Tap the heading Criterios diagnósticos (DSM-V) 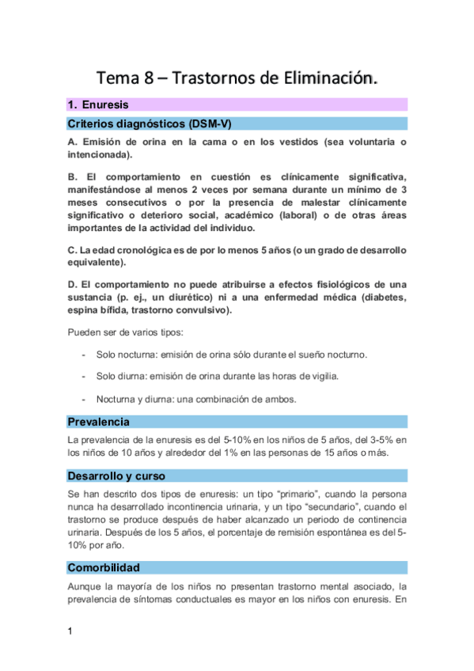tap(149, 124)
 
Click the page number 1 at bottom tap(70, 631)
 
